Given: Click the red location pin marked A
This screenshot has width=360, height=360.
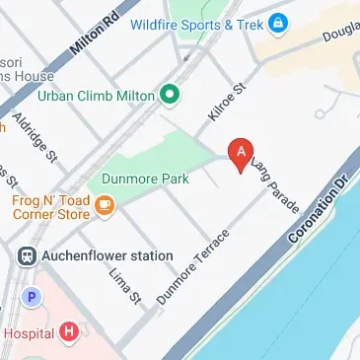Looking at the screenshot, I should (238, 153).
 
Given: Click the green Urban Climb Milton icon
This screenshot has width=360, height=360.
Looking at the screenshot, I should (169, 96).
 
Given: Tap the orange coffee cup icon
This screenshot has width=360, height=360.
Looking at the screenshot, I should (106, 206).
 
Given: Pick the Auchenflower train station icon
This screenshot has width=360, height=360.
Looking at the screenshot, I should (27, 255).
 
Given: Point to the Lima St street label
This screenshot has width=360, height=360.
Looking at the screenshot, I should (126, 285).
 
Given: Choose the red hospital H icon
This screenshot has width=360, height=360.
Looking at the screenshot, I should (67, 332).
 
